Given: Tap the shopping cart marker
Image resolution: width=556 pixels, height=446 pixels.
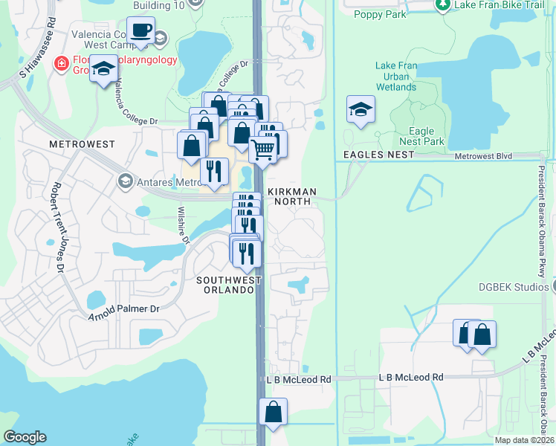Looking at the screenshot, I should (x=263, y=149).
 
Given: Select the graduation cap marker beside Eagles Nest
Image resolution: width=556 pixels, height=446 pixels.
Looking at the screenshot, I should (x=361, y=110).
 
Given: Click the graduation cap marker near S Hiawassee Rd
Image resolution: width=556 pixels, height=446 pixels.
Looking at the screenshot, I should (x=104, y=71).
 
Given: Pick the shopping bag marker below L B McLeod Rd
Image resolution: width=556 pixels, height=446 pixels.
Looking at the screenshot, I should (x=273, y=412).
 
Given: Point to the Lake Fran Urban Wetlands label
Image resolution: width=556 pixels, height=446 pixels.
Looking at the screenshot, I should (x=396, y=77).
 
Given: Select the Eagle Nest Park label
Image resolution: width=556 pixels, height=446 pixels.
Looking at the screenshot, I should (x=421, y=136).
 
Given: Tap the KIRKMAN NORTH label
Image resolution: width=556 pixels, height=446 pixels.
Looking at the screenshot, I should (x=292, y=192).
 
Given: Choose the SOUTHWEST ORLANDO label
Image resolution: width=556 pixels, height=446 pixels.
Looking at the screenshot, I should (x=229, y=285).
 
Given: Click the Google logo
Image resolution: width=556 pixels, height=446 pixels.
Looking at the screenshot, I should (x=25, y=436).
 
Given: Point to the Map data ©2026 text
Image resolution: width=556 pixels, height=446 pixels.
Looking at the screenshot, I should (x=525, y=440).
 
